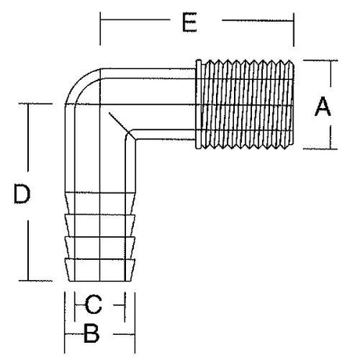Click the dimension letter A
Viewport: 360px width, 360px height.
pos(322,106)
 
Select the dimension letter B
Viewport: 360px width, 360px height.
pos(92,334)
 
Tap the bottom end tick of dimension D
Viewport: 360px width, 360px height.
pos(29,279)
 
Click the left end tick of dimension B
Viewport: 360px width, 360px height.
pos(64,334)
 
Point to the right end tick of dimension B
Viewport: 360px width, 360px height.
pos(134,334)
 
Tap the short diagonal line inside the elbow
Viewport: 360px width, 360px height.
pos(121,125)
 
